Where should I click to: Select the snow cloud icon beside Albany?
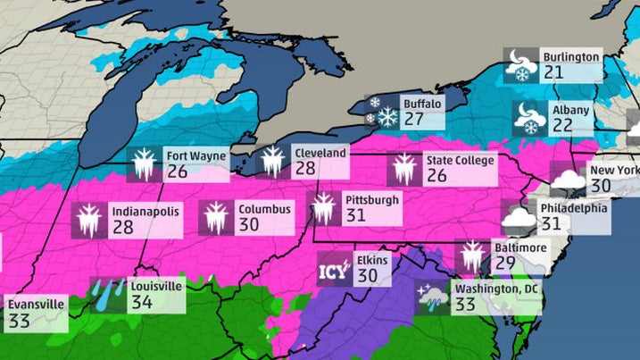(528, 119)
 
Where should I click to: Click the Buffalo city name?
(421, 104)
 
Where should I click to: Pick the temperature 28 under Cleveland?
(305, 168)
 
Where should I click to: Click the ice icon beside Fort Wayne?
(144, 163)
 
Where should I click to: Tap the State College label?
(459, 161)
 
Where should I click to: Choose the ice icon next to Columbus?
(216, 217)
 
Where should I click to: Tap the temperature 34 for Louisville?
(141, 302)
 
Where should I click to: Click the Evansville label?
(36, 304)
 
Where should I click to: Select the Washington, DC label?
(496, 289)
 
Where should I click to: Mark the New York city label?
(613, 170)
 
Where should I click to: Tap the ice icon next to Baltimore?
(470, 256)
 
